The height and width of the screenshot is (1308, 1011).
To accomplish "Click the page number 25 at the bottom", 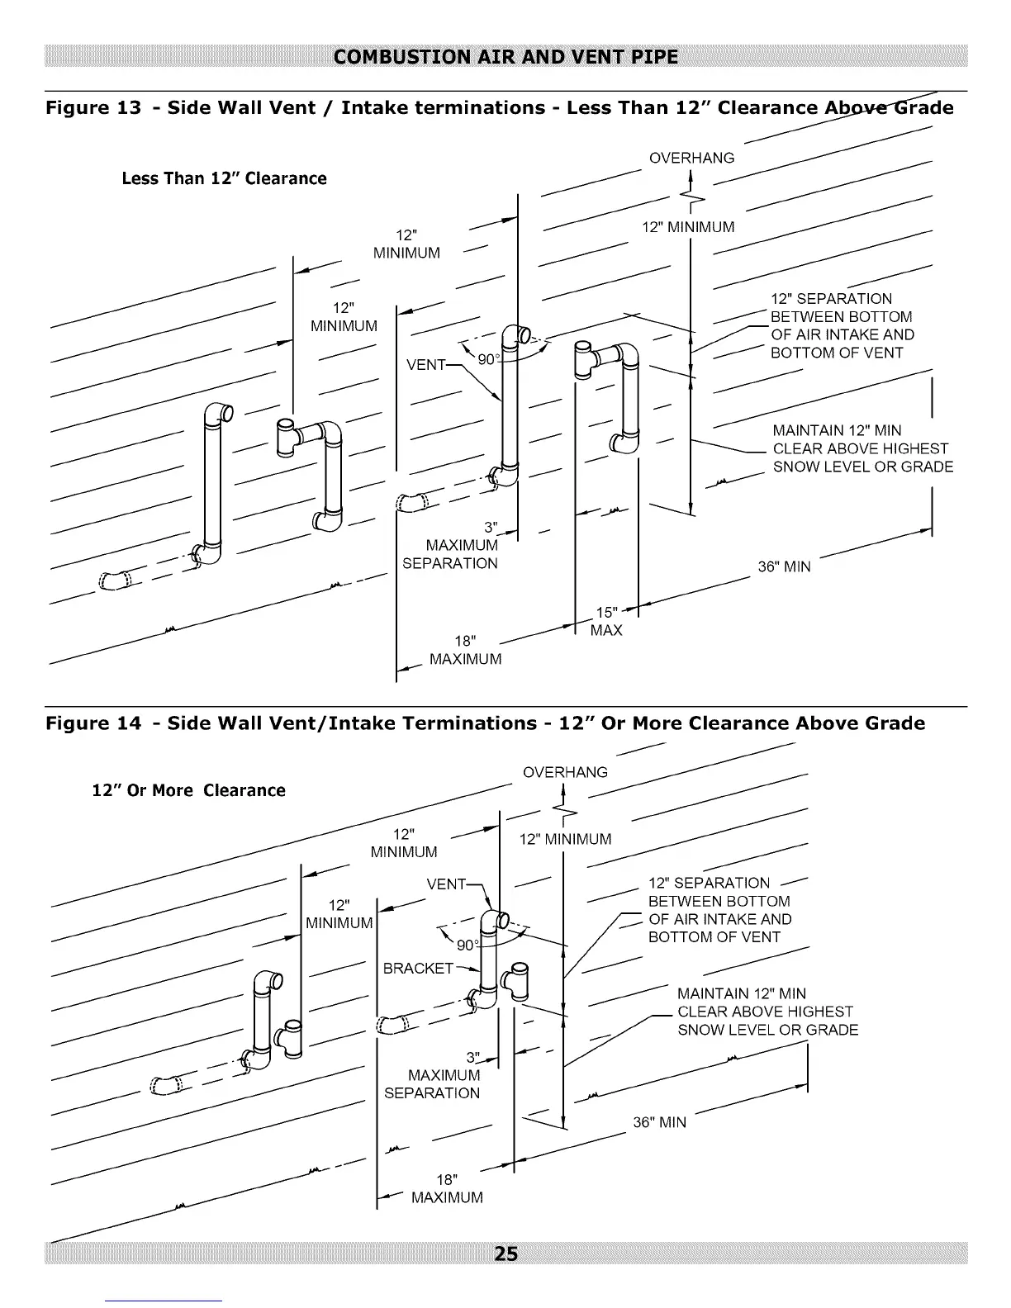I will click(505, 1253).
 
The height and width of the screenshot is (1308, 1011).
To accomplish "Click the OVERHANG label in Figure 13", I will click(691, 158).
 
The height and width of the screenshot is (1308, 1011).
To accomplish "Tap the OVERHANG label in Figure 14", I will click(565, 772).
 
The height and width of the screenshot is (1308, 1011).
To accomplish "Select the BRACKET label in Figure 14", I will click(418, 968).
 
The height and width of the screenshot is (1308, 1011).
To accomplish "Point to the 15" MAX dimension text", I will click(606, 621).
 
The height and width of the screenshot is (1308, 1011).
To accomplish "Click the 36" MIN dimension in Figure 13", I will click(784, 566).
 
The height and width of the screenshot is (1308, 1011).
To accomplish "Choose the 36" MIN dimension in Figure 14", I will click(659, 1122).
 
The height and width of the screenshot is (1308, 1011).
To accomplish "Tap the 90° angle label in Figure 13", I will click(488, 358).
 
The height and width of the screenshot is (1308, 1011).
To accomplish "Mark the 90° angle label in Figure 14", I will click(468, 945).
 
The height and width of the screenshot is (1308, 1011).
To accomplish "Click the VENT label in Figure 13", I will click(425, 364).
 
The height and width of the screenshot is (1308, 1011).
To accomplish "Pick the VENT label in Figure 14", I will click(446, 884).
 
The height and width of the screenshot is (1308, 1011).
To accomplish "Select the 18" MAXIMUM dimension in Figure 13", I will click(465, 650).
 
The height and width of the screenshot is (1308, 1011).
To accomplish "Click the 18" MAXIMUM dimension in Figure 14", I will click(447, 1188).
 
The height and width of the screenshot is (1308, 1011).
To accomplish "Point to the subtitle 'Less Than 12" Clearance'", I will click(224, 178).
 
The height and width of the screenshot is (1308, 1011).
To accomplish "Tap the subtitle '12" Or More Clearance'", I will click(188, 790).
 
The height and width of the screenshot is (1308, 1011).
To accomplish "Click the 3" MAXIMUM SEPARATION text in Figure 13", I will click(450, 546).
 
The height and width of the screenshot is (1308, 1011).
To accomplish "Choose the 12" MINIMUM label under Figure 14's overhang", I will click(565, 839).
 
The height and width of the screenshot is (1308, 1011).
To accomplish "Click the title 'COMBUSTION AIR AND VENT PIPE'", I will click(505, 57).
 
